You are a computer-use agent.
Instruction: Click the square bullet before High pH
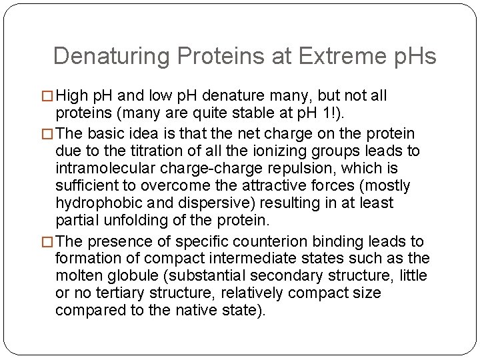click(46, 97)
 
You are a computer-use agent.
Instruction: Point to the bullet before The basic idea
click(46, 135)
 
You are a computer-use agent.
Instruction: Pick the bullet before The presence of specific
click(46, 242)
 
